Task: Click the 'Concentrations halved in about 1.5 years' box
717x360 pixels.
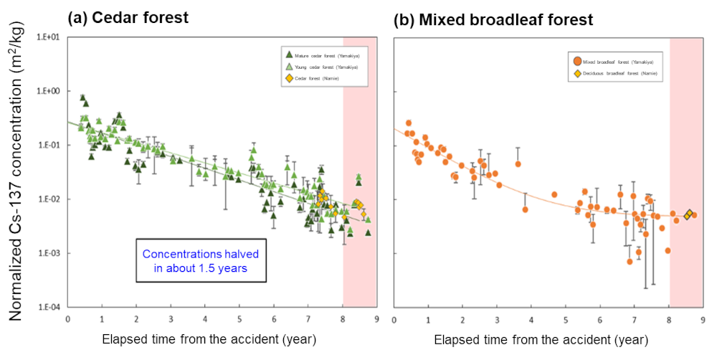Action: (x=201, y=260)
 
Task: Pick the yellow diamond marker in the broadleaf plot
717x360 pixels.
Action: (x=689, y=214)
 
